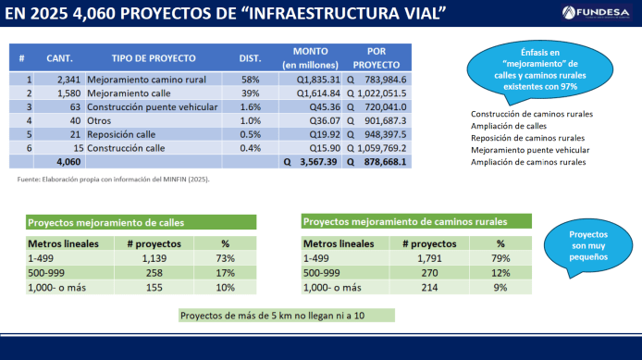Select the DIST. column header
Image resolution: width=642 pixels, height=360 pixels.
[250, 57]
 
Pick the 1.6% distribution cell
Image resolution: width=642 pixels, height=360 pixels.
[250, 106]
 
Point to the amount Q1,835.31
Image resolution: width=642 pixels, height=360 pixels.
[318, 80]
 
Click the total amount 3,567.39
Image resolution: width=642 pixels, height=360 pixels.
[318, 161]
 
